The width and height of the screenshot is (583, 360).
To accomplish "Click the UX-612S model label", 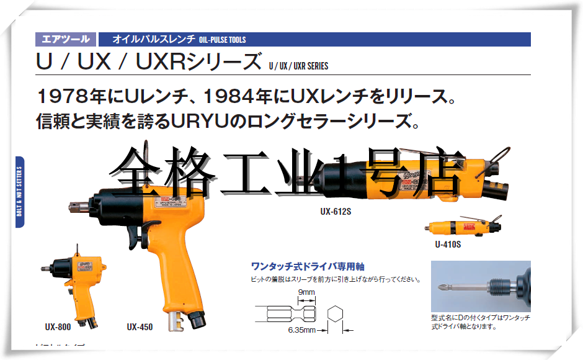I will pyautogui.click(x=336, y=210).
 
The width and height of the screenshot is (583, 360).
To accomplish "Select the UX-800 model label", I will pyautogui.click(x=60, y=326).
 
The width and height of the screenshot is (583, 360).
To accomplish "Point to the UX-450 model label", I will pyautogui.click(x=140, y=326).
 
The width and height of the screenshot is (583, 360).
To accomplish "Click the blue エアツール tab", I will pyautogui.click(x=65, y=40).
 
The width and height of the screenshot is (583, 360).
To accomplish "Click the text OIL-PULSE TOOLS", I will pyautogui.click(x=223, y=40).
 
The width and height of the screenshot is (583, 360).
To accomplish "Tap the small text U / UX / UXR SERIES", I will pyautogui.click(x=298, y=66).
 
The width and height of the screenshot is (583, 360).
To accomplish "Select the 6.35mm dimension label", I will pyautogui.click(x=302, y=330).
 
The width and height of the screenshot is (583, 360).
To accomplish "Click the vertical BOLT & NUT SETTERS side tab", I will pyautogui.click(x=20, y=192).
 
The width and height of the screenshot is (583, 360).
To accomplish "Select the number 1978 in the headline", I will pyautogui.click(x=60, y=97).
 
